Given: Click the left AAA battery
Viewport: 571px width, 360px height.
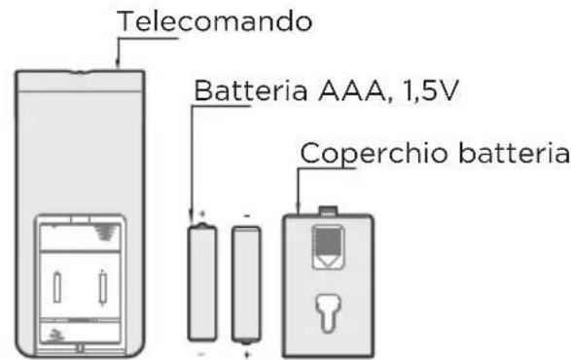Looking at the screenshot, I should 204,282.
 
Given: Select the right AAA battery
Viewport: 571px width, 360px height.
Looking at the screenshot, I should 246,282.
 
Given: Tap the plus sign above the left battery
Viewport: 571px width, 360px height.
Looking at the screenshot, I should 203,212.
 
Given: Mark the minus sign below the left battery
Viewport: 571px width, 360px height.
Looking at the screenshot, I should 203,352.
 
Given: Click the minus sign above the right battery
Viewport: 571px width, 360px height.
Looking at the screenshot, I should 246,212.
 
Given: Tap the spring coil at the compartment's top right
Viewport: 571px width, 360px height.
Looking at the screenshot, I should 104,232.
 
